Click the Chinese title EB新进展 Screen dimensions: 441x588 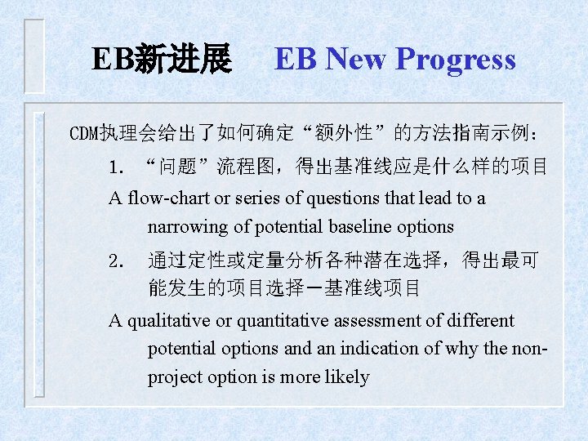[162, 60]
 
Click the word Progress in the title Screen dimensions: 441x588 [456, 60]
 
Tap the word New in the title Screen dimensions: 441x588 [356, 60]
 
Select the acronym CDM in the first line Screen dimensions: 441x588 [82, 132]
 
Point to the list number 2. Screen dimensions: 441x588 [117, 261]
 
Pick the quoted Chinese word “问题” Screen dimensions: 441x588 [177, 168]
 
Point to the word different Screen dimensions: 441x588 [479, 320]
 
